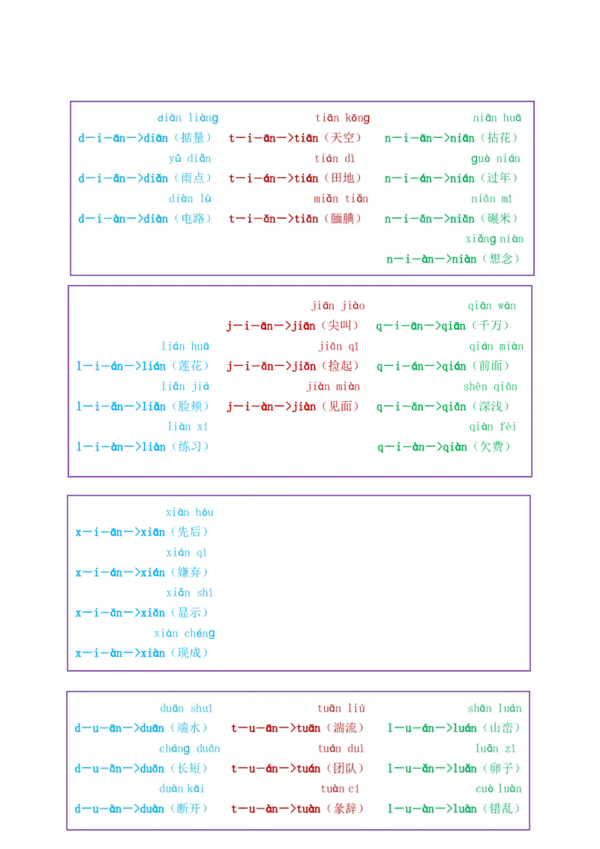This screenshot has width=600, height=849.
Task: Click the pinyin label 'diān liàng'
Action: point(187,118)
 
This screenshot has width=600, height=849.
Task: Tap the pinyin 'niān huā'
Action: point(496,118)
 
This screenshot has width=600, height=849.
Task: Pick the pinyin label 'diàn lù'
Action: point(190,199)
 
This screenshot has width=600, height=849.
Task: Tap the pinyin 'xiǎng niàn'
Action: point(494,239)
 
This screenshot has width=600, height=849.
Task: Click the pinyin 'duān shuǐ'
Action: point(187,708)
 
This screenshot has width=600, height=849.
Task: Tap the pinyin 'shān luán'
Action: point(494,708)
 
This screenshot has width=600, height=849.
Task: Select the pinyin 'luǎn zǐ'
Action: point(497,748)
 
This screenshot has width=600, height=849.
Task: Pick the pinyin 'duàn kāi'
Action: point(182,789)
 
